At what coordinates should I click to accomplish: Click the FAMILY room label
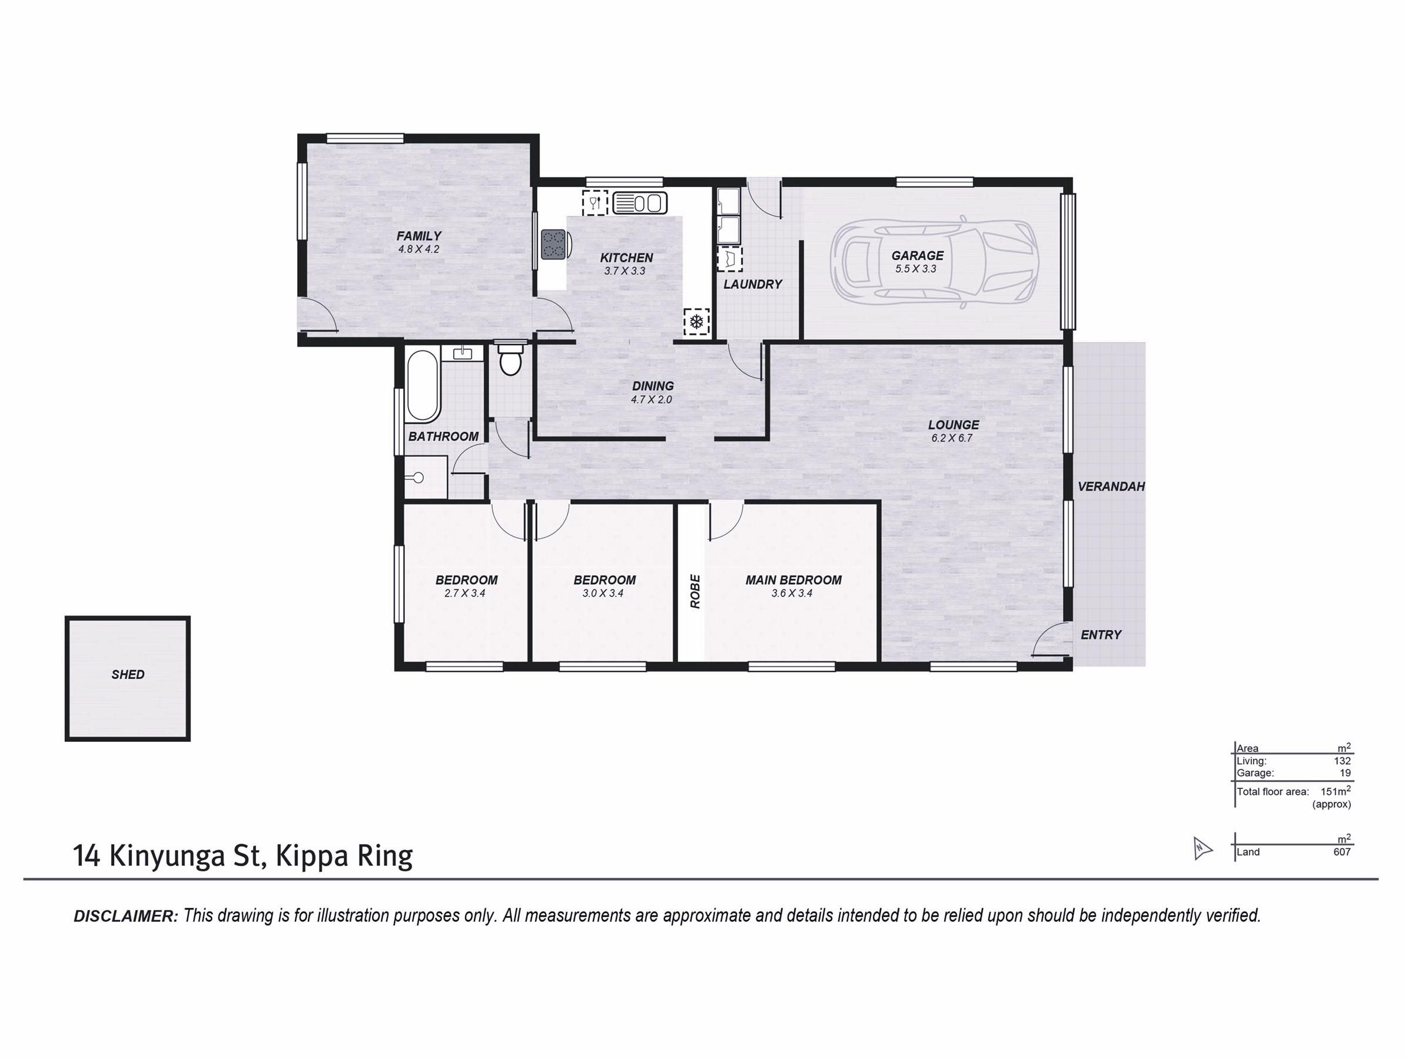click(x=418, y=236)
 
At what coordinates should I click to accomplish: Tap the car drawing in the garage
click(x=936, y=262)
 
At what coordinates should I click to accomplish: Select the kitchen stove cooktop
click(x=553, y=244)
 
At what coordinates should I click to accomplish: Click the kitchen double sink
click(x=640, y=203)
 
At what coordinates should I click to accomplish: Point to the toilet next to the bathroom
click(x=510, y=360)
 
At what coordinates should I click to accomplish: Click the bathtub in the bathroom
click(x=423, y=387)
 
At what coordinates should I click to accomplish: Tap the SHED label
click(x=128, y=675)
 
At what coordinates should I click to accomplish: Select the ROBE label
click(x=695, y=591)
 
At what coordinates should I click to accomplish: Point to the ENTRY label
click(x=1101, y=635)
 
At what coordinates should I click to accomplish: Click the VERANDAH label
click(x=1111, y=487)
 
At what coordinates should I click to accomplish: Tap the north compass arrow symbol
click(x=1203, y=848)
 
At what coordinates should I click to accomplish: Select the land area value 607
click(x=1341, y=852)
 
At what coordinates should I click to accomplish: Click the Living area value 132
click(x=1342, y=761)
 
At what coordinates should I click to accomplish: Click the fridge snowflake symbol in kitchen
click(x=696, y=322)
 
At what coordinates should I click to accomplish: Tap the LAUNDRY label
click(x=753, y=284)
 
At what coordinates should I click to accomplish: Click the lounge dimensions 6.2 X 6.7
click(x=952, y=438)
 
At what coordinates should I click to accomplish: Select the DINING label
click(x=653, y=386)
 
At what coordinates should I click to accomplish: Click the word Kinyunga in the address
click(x=168, y=856)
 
